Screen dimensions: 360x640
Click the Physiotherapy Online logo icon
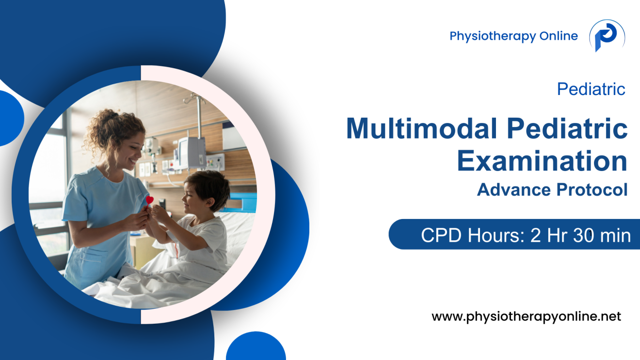[607, 36]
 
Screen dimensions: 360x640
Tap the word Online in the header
[559, 36]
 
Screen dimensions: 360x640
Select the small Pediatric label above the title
[591, 89]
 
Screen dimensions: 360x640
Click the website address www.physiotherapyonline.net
[526, 317]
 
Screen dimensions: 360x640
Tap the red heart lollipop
[150, 200]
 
